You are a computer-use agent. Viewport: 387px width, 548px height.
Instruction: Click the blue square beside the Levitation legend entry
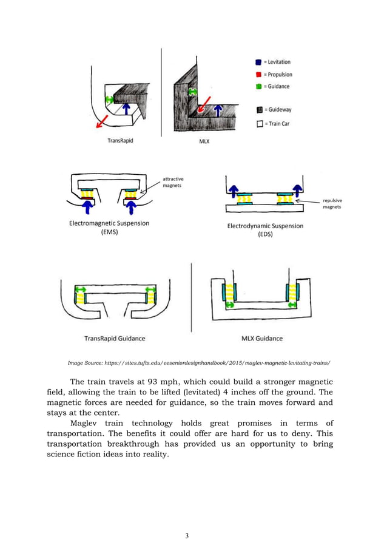[258, 62]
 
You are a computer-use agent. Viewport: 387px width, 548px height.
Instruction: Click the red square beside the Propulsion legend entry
[258, 75]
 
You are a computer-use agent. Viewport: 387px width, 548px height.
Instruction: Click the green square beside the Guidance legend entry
[258, 87]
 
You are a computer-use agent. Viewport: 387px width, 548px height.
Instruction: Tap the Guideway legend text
[277, 110]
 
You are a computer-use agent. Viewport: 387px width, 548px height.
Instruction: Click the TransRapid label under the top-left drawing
[121, 141]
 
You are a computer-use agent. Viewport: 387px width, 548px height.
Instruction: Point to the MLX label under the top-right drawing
[205, 141]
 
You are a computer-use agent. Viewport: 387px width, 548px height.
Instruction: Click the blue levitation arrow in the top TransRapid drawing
[126, 108]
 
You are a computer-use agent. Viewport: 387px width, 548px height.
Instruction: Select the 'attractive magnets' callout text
[173, 182]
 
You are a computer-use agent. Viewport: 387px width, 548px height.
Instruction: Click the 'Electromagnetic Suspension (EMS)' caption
[109, 228]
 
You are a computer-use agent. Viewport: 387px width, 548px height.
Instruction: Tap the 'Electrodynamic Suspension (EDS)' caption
[265, 230]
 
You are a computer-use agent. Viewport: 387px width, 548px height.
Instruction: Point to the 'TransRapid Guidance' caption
[114, 338]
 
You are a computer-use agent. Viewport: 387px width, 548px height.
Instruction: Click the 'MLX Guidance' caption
[261, 338]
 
